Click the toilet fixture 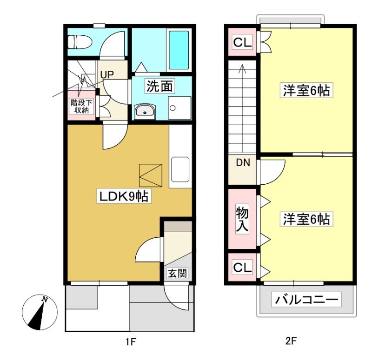[x=80, y=42]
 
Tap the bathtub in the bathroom [x=179, y=50]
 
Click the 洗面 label [x=159, y=86]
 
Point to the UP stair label [x=107, y=75]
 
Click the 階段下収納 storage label [x=81, y=106]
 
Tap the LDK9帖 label [x=124, y=196]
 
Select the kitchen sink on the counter [x=180, y=169]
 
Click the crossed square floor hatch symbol [x=151, y=175]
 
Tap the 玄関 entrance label [x=178, y=274]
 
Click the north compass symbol [x=40, y=312]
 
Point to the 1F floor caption [x=130, y=342]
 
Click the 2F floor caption [x=291, y=341]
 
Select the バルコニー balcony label [x=306, y=299]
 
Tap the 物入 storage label [x=242, y=218]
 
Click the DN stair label [x=243, y=162]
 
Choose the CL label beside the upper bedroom [x=242, y=42]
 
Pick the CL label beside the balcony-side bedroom [x=242, y=268]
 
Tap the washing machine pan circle [x=173, y=108]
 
